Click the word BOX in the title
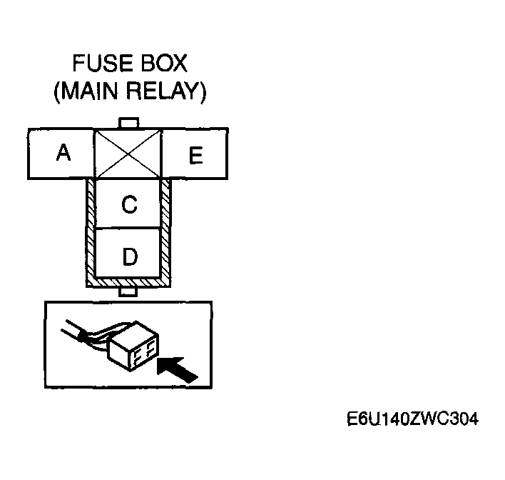[x=162, y=64]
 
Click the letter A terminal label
[x=64, y=153]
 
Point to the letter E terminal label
[x=195, y=156]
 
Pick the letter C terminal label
[x=129, y=205]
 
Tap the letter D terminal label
[x=129, y=256]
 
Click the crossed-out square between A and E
[x=129, y=154]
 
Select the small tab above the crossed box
[x=129, y=124]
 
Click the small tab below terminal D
[x=129, y=292]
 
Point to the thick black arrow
[x=177, y=370]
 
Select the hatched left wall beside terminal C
[x=91, y=204]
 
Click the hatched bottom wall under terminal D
[x=129, y=283]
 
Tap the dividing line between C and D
[x=129, y=229]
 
